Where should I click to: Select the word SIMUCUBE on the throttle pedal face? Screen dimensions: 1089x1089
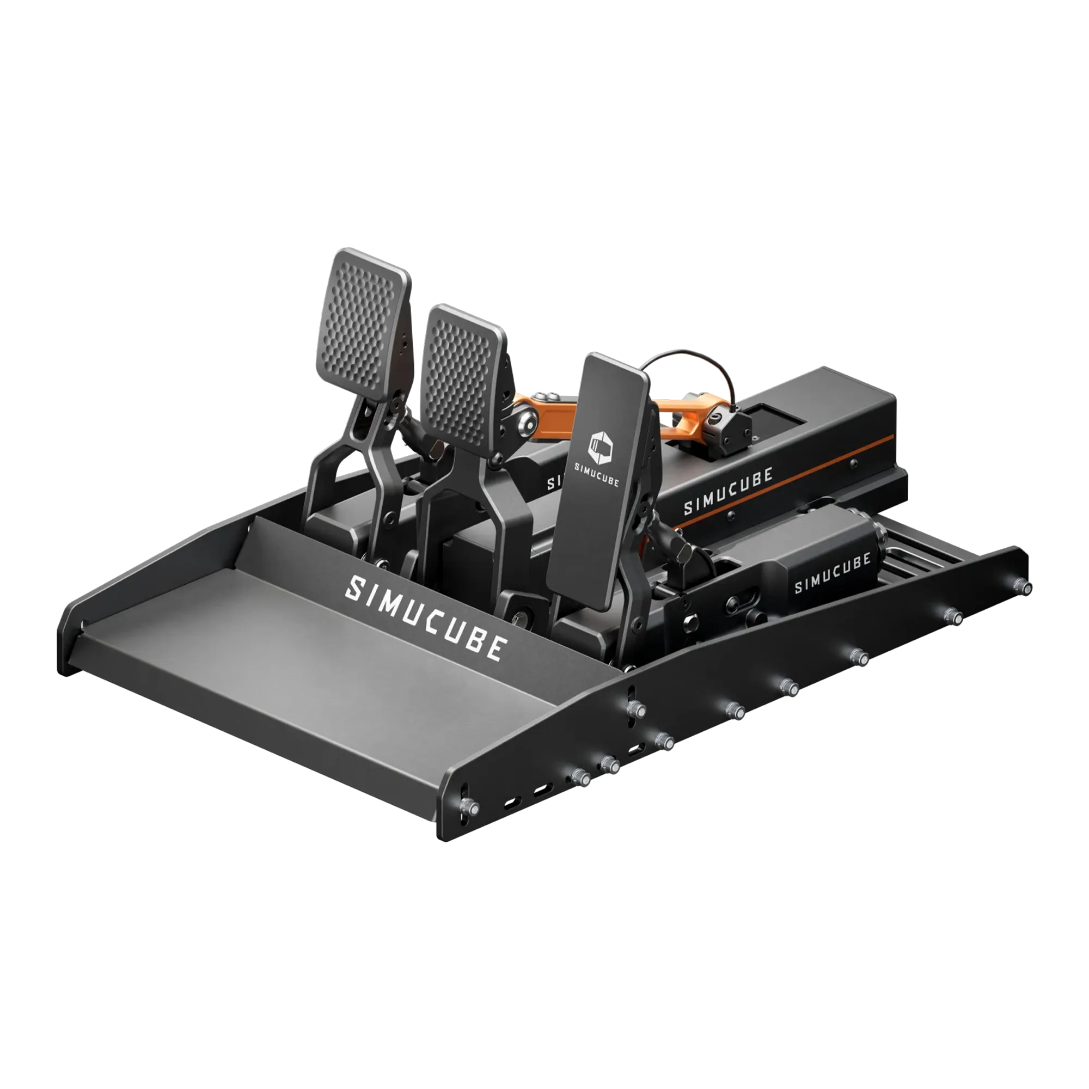coord(596,482)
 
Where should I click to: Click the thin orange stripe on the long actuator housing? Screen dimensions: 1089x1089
coord(789,484)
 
